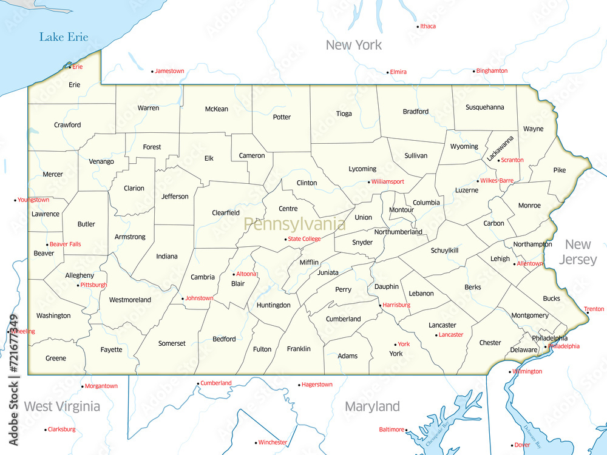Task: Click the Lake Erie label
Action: pyautogui.click(x=64, y=37)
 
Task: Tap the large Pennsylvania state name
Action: pyautogui.click(x=294, y=224)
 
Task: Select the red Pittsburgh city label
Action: pyautogui.click(x=93, y=285)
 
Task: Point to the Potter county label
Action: pyautogui.click(x=282, y=117)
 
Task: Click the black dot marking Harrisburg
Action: pyautogui.click(x=380, y=305)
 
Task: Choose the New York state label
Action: pyautogui.click(x=354, y=45)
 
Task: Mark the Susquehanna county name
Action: pyautogui.click(x=484, y=107)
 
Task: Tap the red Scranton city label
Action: pyautogui.click(x=512, y=160)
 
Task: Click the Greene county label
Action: pyautogui.click(x=56, y=359)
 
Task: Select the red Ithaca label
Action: pyautogui.click(x=428, y=26)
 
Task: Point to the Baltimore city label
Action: pyautogui.click(x=391, y=430)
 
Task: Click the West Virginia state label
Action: pyautogui.click(x=62, y=406)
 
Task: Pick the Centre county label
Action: pyautogui.click(x=288, y=209)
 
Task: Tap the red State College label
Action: pyautogui.click(x=304, y=239)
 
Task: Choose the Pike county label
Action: pyautogui.click(x=559, y=170)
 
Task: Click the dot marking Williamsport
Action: pyautogui.click(x=368, y=182)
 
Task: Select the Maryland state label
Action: pyautogui.click(x=372, y=406)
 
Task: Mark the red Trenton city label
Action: pyautogui.click(x=594, y=309)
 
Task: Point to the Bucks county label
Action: pyautogui.click(x=551, y=298)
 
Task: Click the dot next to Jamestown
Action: pyautogui.click(x=152, y=72)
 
